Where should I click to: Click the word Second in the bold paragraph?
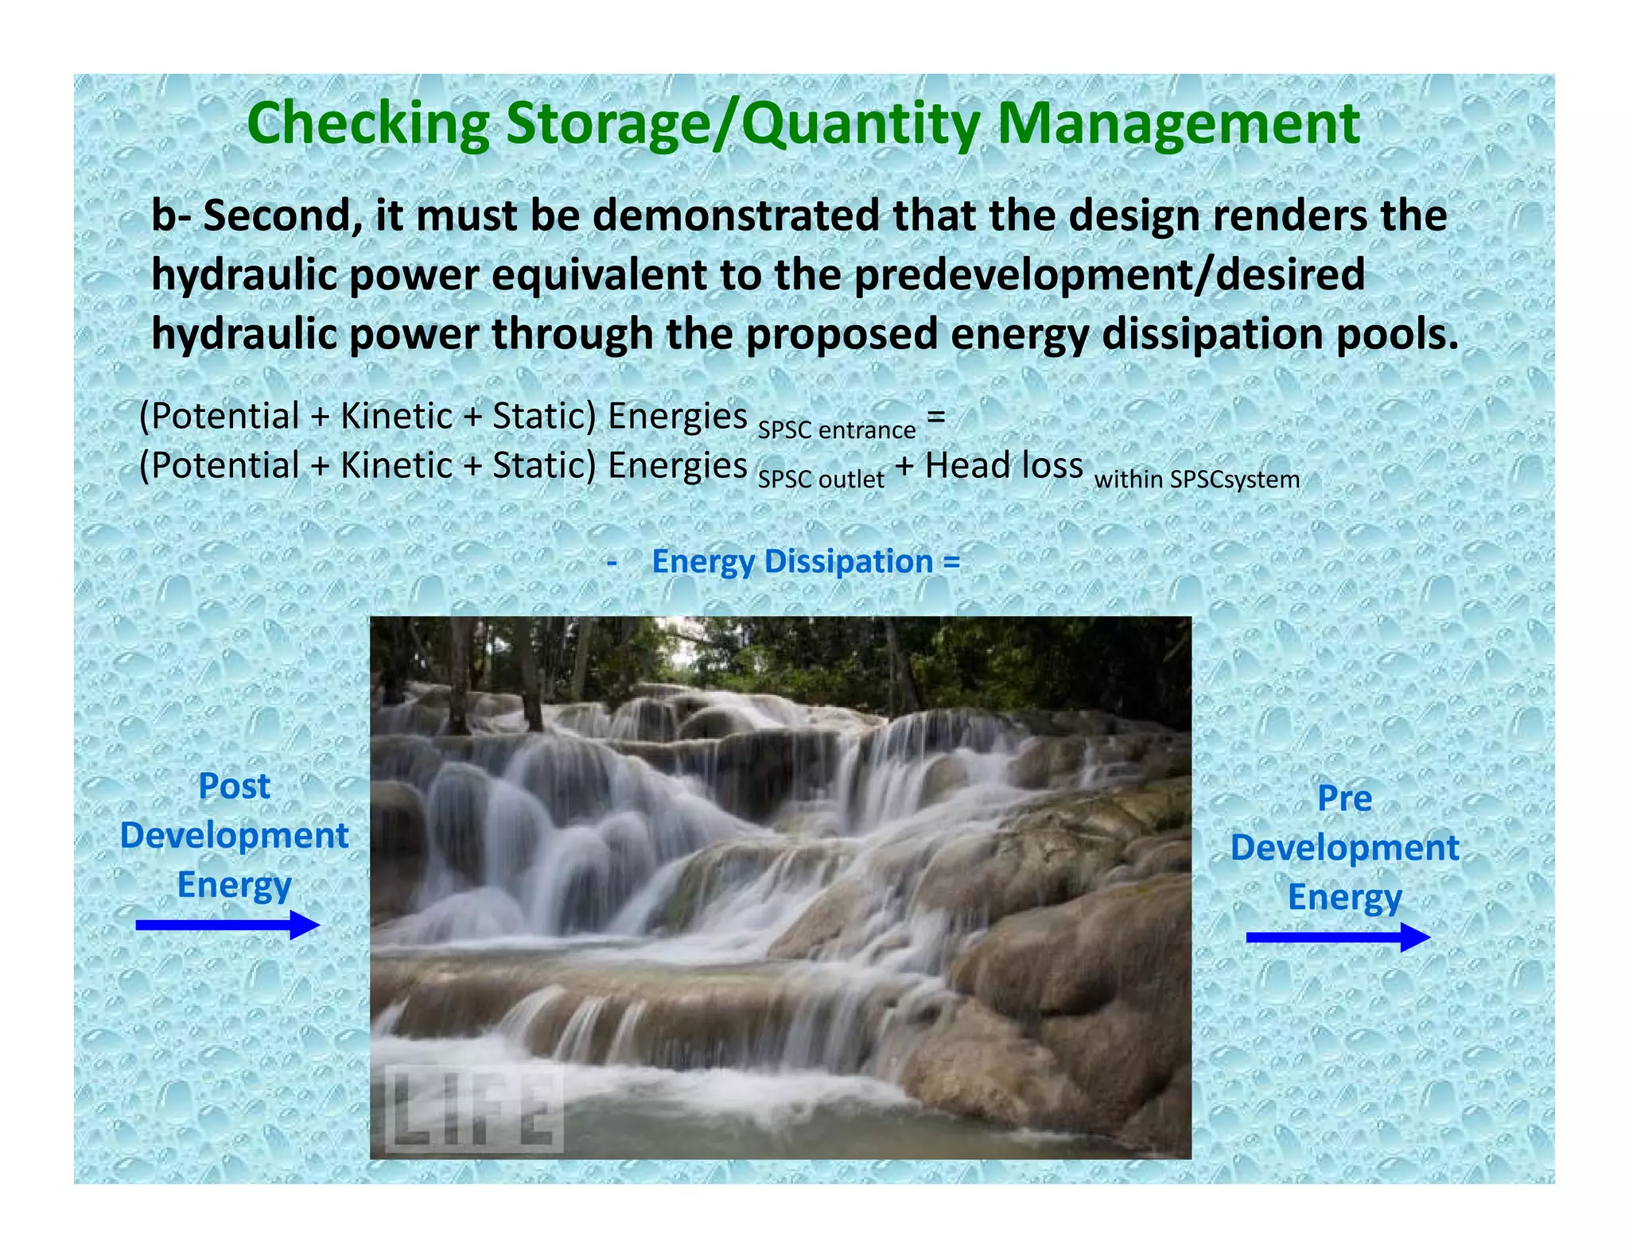click(278, 216)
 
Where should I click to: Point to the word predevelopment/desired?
click(1110, 275)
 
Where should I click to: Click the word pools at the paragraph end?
click(1396, 335)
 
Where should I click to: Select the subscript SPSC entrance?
click(836, 430)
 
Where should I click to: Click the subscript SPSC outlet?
click(821, 480)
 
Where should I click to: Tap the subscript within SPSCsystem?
click(1197, 480)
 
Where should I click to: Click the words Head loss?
click(1004, 465)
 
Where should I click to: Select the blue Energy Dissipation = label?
click(806, 561)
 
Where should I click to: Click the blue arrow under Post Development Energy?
click(227, 925)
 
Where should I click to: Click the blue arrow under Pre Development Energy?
click(1337, 937)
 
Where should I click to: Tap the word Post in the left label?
click(234, 786)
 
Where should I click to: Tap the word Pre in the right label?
click(1344, 798)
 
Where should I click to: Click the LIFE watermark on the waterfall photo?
click(474, 1110)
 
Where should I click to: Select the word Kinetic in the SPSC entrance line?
click(396, 417)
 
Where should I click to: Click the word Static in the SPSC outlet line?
click(543, 466)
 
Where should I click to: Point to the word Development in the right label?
click(1344, 848)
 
